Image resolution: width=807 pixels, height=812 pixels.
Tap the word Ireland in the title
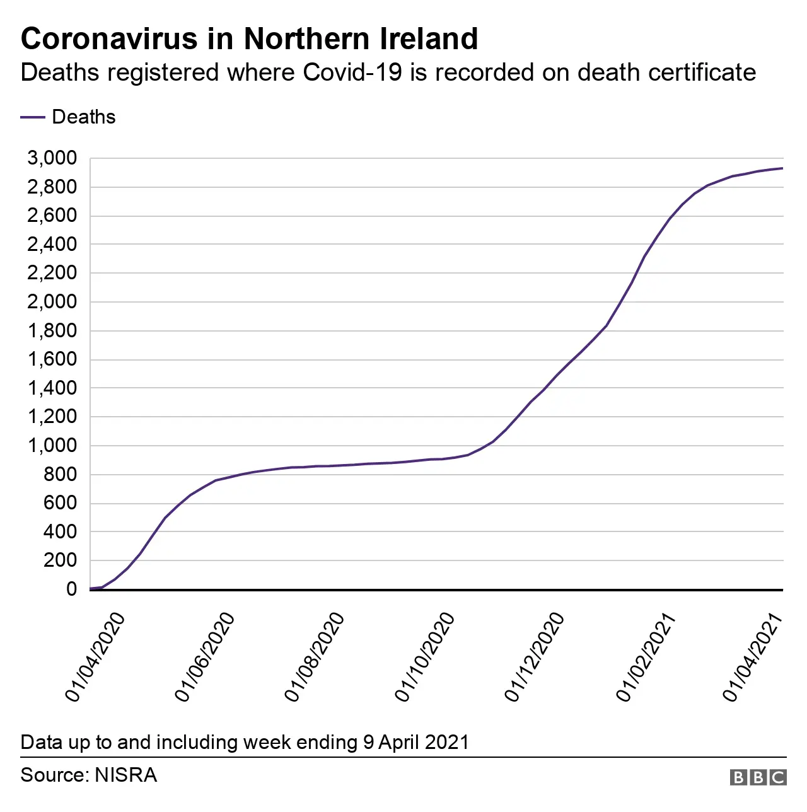pyautogui.click(x=429, y=39)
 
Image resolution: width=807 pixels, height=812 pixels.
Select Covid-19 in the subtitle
pyautogui.click(x=352, y=72)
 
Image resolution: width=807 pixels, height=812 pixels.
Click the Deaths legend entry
pyautogui.click(x=83, y=117)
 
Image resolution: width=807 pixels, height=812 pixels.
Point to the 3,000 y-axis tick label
pyautogui.click(x=52, y=158)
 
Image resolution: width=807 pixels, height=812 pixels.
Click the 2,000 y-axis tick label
pyautogui.click(x=52, y=302)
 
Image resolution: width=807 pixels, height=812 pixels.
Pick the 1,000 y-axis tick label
pyautogui.click(x=52, y=446)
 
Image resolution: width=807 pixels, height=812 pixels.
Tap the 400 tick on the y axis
pyautogui.click(x=60, y=532)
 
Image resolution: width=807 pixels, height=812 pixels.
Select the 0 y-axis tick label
pyautogui.click(x=71, y=589)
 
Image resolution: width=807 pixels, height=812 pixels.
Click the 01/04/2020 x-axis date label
pyautogui.click(x=96, y=657)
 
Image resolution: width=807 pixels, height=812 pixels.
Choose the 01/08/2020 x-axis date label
pyautogui.click(x=315, y=657)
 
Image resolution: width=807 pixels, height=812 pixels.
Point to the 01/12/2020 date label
pyautogui.click(x=535, y=657)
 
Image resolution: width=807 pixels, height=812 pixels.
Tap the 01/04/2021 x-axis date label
pyautogui.click(x=753, y=657)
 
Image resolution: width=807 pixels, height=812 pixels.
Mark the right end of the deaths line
pyautogui.click(x=782, y=168)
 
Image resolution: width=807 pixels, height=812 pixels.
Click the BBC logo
pyautogui.click(x=758, y=777)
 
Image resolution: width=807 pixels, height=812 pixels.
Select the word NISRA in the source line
pyautogui.click(x=125, y=775)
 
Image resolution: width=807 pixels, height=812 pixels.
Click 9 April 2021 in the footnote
pyautogui.click(x=416, y=742)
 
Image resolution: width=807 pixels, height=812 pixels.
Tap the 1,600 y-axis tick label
pyautogui.click(x=52, y=359)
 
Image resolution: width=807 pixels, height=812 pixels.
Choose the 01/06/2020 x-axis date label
pyautogui.click(x=206, y=657)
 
